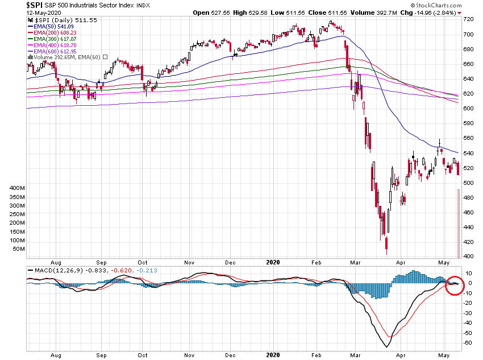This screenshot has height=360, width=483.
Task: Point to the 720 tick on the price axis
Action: point(469,19)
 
